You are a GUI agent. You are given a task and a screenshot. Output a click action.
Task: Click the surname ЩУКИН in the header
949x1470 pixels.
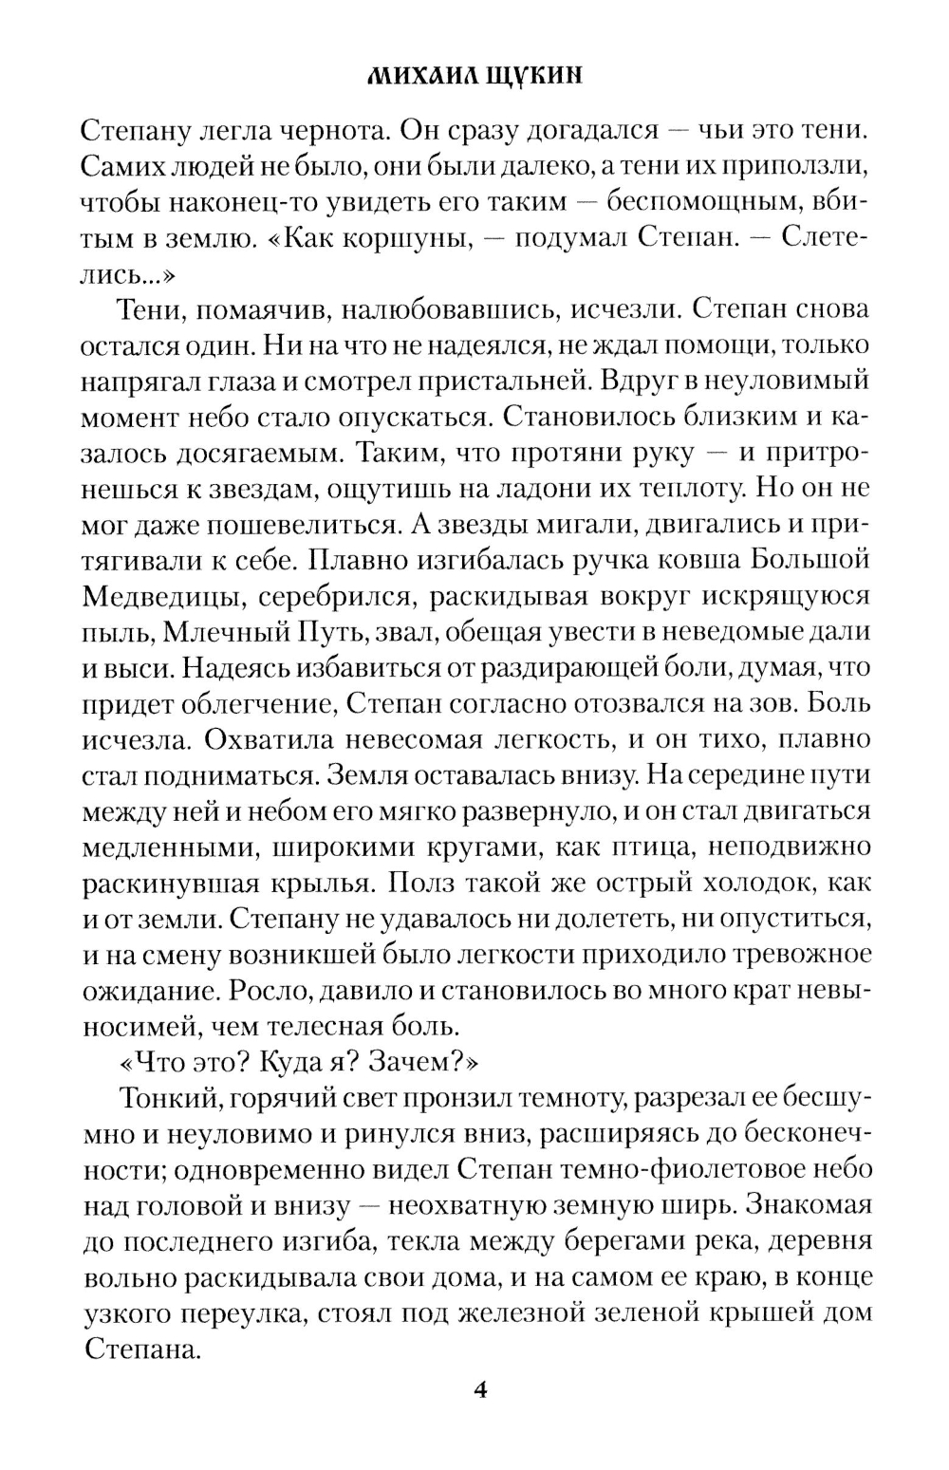537,77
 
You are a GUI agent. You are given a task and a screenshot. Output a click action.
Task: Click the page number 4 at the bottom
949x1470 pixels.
478,1391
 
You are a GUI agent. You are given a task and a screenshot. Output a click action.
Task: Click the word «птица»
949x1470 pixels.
678,847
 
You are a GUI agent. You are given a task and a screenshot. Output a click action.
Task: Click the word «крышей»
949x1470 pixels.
725,1313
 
